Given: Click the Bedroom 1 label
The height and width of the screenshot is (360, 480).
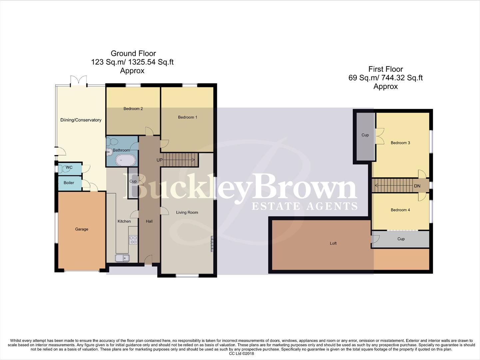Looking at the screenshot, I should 188,117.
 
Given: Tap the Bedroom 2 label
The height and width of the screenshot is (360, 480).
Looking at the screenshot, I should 133,109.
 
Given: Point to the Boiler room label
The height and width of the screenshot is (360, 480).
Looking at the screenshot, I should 69,183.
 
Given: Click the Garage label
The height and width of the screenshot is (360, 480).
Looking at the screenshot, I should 82,229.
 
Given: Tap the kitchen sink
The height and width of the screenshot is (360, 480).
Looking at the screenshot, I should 122,258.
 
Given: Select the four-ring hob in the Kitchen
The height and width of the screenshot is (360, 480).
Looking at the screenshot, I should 133,240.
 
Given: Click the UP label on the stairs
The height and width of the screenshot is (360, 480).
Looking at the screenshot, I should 160,160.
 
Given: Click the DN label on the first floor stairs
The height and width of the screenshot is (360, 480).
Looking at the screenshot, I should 417,186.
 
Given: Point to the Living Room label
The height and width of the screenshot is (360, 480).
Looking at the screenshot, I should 187,213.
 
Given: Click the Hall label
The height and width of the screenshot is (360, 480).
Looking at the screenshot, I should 149,221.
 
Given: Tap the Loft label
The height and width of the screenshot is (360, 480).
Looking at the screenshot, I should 333,244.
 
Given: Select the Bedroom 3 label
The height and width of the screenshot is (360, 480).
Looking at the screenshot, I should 400,143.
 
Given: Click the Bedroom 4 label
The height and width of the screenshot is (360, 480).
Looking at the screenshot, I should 400,210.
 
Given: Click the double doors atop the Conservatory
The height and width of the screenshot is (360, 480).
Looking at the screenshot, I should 79,81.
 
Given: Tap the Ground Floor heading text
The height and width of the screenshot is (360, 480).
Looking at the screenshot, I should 133,53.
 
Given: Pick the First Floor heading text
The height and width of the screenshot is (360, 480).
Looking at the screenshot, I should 385,69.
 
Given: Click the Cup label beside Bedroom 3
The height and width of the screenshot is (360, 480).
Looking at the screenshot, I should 365,135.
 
